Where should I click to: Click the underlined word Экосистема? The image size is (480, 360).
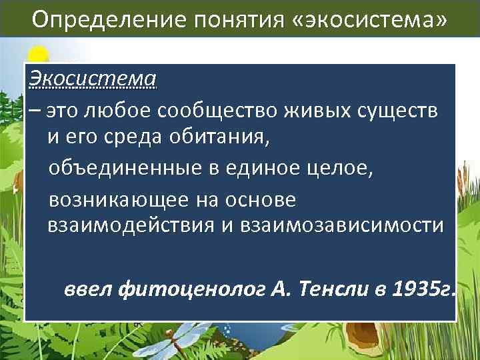click(x=93, y=79)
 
